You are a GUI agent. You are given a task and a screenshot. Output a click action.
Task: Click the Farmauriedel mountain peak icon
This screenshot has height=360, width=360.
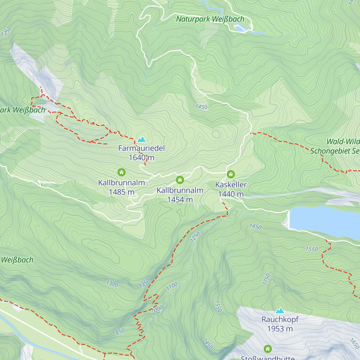[141, 139]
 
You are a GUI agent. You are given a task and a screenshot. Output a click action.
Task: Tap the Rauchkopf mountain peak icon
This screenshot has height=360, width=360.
[280, 310]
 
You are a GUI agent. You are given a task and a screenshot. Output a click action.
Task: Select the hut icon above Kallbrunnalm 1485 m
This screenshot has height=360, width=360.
[121, 172]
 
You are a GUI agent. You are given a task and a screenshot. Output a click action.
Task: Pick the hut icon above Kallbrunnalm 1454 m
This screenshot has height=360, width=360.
[180, 180]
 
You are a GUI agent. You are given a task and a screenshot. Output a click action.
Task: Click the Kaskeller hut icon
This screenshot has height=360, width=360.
[230, 174]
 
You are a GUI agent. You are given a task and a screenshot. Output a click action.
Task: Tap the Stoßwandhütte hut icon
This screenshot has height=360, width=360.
[268, 349]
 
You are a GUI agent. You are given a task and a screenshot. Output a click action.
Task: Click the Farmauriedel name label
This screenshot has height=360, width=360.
[142, 148]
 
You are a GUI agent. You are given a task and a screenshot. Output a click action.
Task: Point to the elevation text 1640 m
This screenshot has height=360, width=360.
[141, 157]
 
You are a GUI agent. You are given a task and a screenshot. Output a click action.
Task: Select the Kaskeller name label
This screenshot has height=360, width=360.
[231, 185]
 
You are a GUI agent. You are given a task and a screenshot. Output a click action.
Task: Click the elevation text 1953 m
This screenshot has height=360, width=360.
[280, 329]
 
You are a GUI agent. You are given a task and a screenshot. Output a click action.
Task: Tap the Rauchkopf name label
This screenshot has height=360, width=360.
[280, 319]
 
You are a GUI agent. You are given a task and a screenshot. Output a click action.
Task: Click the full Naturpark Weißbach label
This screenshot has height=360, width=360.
[210, 19]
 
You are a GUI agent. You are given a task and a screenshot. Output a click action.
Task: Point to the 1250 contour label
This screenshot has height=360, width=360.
[195, 237]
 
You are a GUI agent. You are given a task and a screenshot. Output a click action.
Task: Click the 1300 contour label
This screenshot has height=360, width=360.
[112, 283]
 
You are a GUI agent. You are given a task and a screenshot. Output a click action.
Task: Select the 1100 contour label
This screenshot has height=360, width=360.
[172, 286]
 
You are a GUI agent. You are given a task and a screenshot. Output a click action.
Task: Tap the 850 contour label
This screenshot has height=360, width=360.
[120, 331]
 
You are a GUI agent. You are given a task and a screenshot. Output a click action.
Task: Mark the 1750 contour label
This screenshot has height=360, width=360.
[266, 279]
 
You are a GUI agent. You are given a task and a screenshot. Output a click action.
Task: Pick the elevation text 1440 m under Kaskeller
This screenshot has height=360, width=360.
[231, 194]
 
